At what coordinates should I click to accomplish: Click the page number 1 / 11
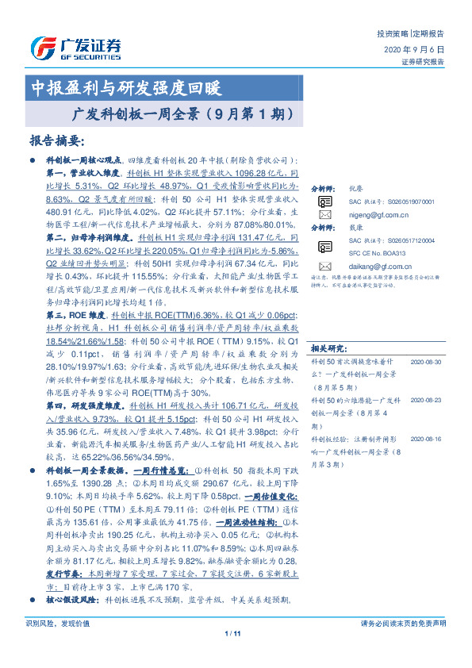(232, 655)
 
